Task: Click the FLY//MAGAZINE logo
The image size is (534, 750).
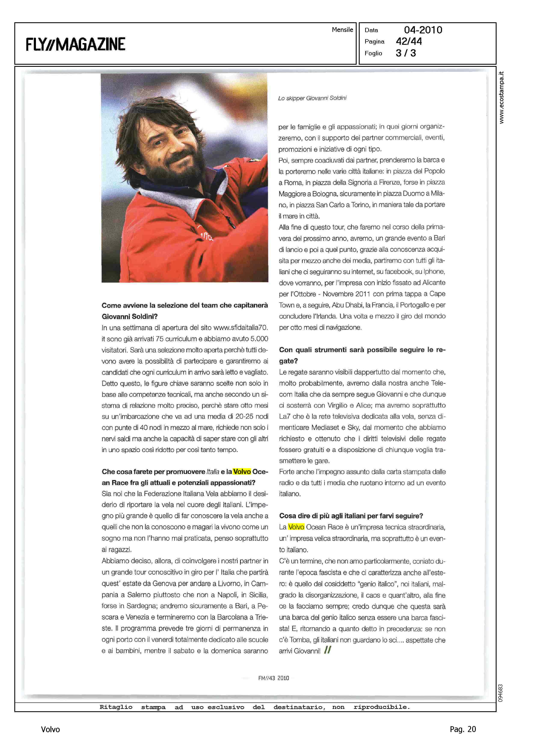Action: point(75,44)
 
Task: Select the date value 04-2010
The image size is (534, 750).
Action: point(423,30)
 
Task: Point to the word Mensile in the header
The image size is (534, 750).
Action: point(342,30)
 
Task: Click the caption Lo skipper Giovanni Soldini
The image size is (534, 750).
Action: point(312,98)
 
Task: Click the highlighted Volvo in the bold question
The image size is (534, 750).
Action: point(242,472)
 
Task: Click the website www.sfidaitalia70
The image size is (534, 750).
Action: point(240,328)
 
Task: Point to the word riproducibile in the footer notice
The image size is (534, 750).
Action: point(381,707)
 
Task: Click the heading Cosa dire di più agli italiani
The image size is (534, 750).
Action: point(351,516)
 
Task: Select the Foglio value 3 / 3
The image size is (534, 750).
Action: point(406,53)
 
